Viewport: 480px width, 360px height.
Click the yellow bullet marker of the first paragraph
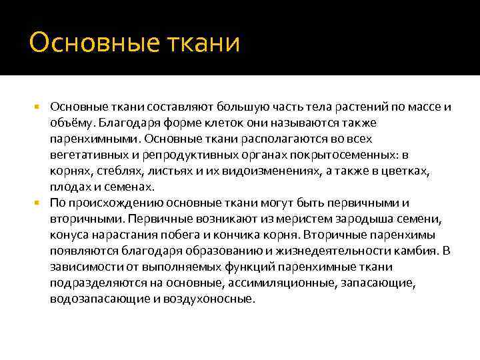pos(38,107)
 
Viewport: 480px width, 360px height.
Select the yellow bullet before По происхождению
pos(38,203)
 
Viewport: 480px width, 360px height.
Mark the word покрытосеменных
pos(349,155)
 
